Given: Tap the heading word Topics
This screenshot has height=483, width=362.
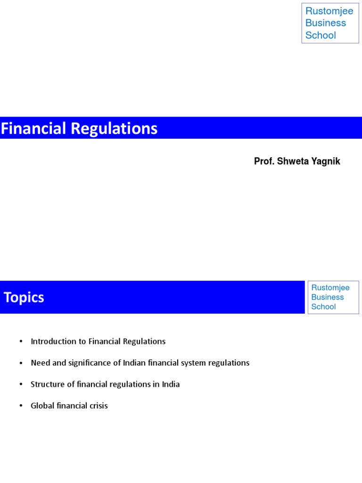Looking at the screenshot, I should pyautogui.click(x=24, y=298).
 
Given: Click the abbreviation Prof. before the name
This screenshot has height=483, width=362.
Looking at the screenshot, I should pyautogui.click(x=263, y=161).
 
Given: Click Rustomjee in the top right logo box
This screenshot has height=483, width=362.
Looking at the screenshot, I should pyautogui.click(x=329, y=11).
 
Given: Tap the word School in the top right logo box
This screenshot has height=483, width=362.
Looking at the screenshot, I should pyautogui.click(x=321, y=35).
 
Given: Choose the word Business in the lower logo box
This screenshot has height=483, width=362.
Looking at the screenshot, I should pyautogui.click(x=327, y=297).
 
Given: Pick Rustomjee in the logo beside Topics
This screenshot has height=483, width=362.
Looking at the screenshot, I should pyautogui.click(x=330, y=288).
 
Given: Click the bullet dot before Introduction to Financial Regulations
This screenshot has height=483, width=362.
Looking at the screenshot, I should pyautogui.click(x=21, y=341).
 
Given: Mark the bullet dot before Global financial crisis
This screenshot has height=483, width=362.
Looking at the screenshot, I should pyautogui.click(x=21, y=406).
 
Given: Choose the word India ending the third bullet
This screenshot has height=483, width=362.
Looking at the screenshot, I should pyautogui.click(x=171, y=384).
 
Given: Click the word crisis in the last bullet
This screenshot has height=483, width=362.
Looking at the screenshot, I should pyautogui.click(x=98, y=406).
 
